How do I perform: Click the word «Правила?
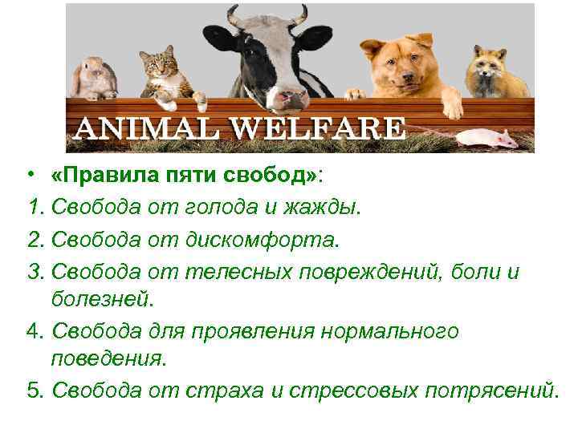(x=95, y=176)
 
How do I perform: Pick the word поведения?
(x=108, y=358)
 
